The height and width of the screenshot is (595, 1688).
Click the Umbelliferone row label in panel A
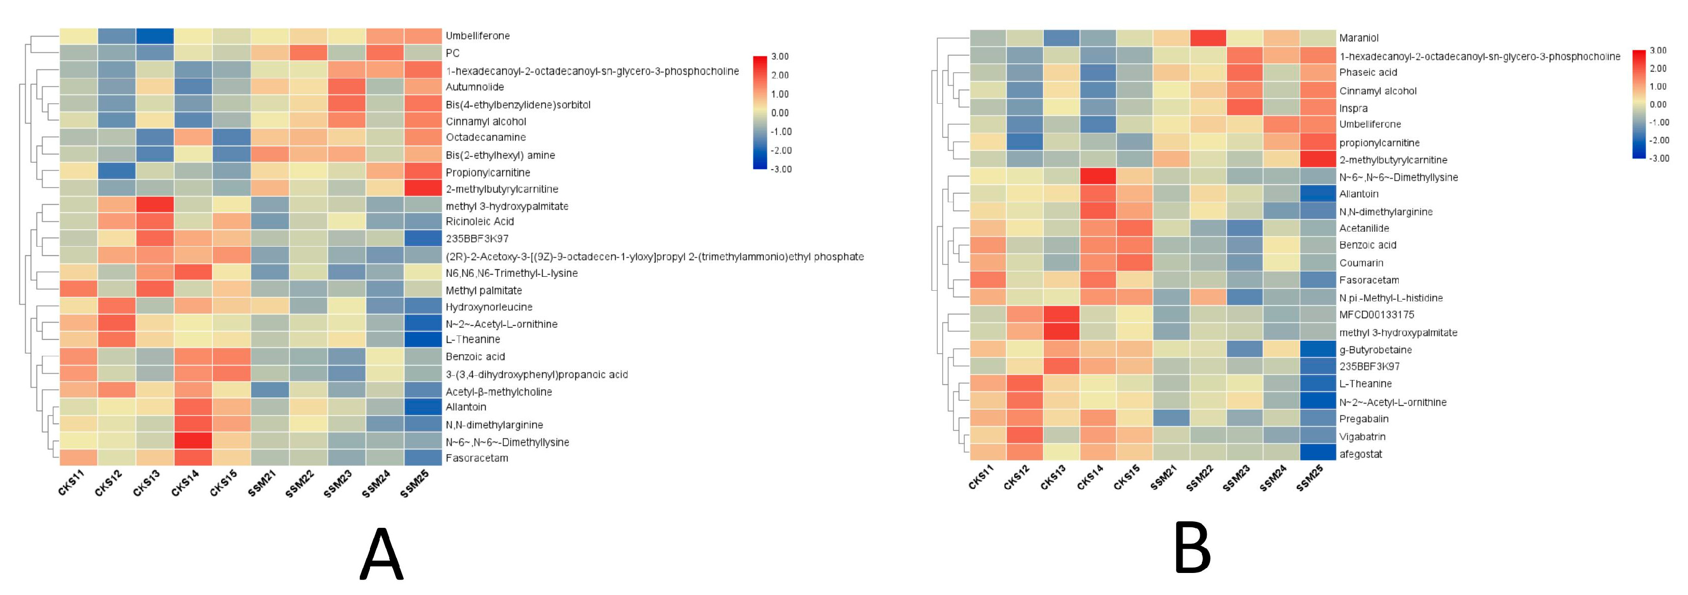point(477,36)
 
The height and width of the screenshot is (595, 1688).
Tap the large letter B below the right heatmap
point(1191,549)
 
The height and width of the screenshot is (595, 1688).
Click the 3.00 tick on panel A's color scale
point(780,56)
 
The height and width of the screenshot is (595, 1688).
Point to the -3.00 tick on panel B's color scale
point(1658,158)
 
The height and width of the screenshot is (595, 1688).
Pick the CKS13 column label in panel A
point(146,484)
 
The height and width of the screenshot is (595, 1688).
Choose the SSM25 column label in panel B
point(1309,478)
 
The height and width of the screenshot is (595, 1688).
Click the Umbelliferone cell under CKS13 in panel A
point(155,36)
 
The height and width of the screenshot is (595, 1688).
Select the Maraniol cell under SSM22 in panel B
point(1207,38)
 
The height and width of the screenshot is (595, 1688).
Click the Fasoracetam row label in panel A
point(476,458)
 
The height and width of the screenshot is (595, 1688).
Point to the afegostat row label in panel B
point(1361,454)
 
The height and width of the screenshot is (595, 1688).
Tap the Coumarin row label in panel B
point(1361,263)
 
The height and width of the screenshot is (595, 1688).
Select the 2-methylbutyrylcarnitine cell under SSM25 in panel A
point(423,189)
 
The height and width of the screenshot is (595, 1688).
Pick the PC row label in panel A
point(452,53)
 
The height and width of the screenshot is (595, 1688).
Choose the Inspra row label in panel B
point(1353,108)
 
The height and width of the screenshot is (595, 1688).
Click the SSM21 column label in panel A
point(261,484)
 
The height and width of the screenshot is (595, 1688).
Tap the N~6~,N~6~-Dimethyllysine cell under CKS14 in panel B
point(1098,177)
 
